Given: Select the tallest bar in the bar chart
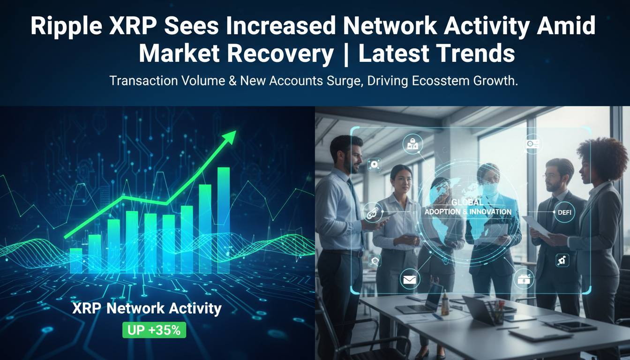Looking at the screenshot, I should click(x=224, y=220).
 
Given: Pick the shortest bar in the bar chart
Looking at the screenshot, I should click(x=76, y=261).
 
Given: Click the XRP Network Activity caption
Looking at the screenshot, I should click(x=147, y=308).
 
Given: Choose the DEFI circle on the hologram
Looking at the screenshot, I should click(x=562, y=212).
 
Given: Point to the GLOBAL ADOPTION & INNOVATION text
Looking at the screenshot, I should click(x=467, y=207).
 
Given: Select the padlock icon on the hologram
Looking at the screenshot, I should click(x=522, y=280).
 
